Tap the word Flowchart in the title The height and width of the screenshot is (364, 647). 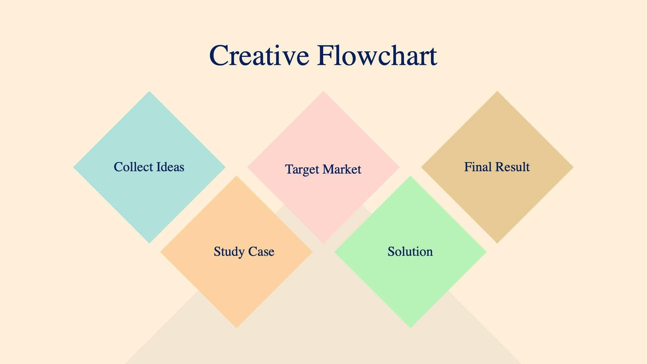377,56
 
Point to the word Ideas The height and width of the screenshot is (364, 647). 170,167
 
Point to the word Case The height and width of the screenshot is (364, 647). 261,252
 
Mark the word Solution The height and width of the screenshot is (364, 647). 410,252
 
